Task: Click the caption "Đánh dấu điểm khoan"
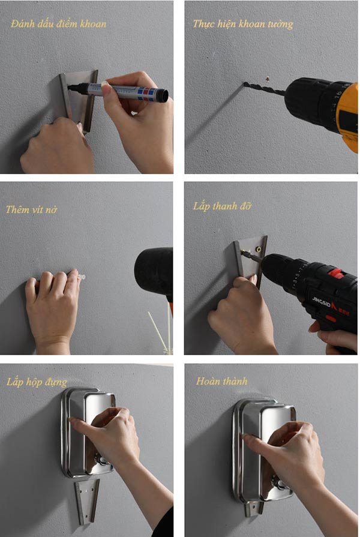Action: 58,23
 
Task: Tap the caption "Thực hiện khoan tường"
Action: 243,24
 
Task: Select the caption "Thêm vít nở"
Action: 32,209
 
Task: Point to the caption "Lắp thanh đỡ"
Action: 222,206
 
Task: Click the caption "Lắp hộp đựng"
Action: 37,382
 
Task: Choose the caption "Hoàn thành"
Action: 221,381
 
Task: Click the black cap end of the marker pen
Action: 163,95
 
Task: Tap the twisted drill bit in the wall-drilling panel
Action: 265,88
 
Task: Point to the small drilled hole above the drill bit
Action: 267,79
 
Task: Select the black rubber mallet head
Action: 154,271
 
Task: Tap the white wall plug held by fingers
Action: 82,277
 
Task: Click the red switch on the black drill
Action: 335,273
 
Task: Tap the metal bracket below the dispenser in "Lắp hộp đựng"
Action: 87,502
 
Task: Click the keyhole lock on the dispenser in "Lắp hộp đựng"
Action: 100,460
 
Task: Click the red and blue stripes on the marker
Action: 146,94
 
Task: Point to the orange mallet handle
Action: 170,305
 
